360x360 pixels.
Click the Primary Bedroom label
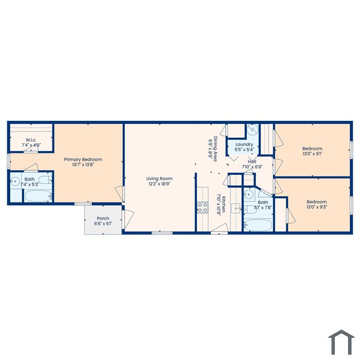83,159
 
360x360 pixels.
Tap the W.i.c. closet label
31,140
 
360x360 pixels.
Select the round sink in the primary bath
15,182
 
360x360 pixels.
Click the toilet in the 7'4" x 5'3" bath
46,180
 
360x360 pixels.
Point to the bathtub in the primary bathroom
38,196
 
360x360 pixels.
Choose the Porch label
103,219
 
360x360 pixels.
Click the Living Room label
159,178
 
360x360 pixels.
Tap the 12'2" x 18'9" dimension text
159,184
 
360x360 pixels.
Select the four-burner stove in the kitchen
203,207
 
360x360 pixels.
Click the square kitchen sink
236,208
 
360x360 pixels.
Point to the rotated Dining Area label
215,149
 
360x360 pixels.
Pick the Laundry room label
244,145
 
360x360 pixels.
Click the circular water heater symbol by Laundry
253,130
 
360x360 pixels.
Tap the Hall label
252,161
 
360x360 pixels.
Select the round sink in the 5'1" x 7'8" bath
248,194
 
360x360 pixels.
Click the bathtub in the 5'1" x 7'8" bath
258,225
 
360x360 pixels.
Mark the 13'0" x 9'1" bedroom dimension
312,154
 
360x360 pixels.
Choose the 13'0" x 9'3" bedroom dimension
317,207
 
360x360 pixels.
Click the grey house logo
341,343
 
